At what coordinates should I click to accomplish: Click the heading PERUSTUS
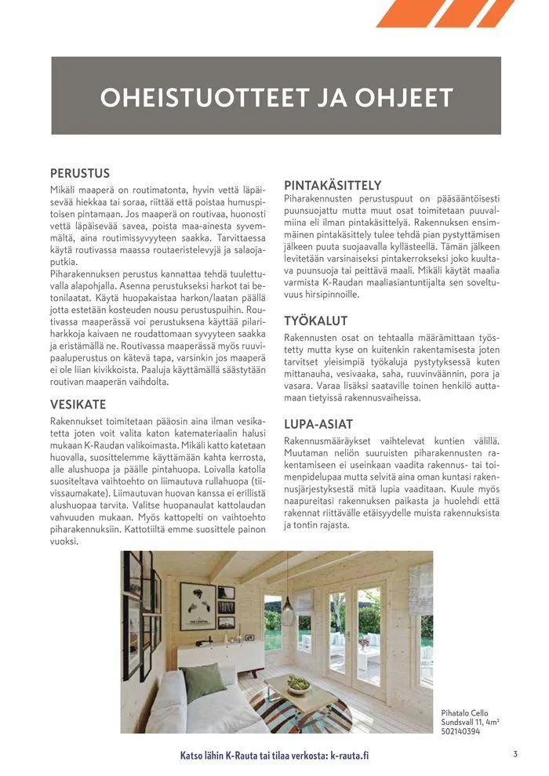pyautogui.click(x=80, y=173)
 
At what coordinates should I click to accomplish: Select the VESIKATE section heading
pyautogui.click(x=78, y=404)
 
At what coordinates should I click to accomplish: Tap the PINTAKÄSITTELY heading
pyautogui.click(x=333, y=185)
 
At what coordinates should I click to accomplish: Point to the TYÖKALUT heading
pyautogui.click(x=315, y=321)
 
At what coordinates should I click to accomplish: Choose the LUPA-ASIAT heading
pyautogui.click(x=318, y=424)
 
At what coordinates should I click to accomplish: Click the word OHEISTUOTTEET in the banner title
pyautogui.click(x=196, y=97)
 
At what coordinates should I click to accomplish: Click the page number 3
pyautogui.click(x=515, y=754)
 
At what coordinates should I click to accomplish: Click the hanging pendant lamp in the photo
pyautogui.click(x=288, y=610)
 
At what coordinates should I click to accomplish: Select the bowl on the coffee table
pyautogui.click(x=298, y=684)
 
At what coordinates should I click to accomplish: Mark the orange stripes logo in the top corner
pyautogui.click(x=445, y=13)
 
